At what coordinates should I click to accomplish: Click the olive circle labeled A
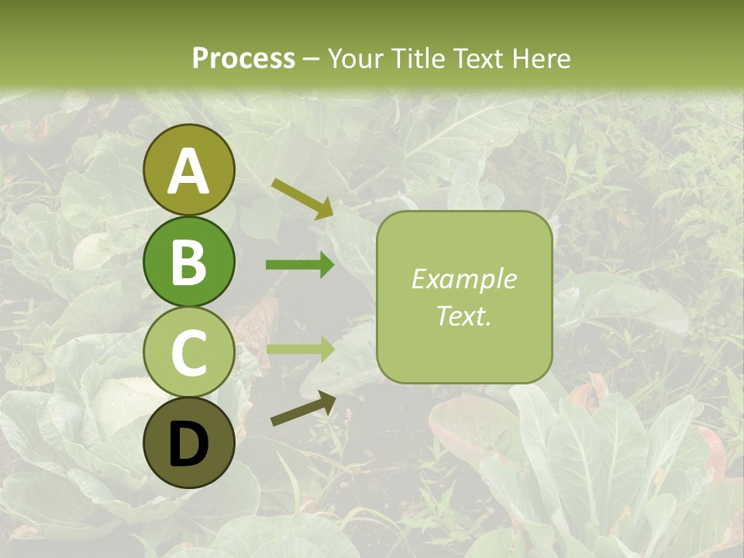click(189, 170)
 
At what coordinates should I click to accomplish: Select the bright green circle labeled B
click(189, 261)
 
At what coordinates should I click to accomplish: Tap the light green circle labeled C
click(189, 352)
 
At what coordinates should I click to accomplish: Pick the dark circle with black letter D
click(189, 443)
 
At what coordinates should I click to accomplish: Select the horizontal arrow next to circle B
click(299, 265)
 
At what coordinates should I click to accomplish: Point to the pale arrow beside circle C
click(299, 348)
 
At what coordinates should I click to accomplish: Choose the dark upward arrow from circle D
click(302, 409)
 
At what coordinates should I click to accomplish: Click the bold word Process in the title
click(243, 58)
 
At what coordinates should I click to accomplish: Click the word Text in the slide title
click(485, 58)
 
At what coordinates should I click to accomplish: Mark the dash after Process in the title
click(312, 60)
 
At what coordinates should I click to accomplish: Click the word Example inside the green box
click(463, 279)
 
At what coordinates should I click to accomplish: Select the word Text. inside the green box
click(463, 316)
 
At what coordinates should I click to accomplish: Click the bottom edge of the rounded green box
click(463, 383)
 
